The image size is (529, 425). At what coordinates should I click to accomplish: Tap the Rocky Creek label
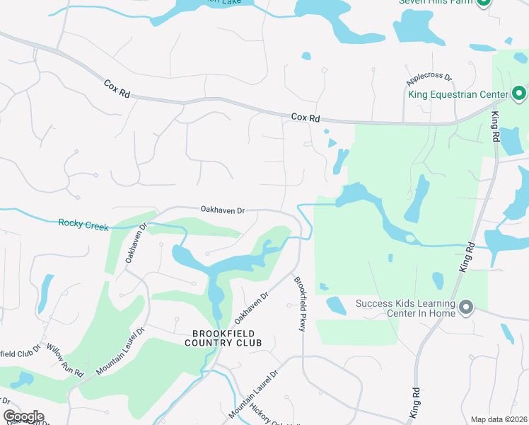click(x=83, y=225)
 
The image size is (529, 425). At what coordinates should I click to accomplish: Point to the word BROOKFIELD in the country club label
click(x=223, y=334)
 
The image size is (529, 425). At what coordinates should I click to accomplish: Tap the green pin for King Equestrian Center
click(x=518, y=93)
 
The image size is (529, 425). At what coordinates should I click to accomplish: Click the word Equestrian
click(x=460, y=93)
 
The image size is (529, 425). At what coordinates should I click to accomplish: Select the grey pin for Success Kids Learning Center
click(x=465, y=307)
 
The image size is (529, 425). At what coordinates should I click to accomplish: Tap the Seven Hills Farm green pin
click(x=484, y=2)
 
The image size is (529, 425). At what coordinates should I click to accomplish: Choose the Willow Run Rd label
click(x=64, y=359)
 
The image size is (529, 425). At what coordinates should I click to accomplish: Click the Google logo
click(x=23, y=416)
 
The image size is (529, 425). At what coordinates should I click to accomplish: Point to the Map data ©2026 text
click(x=498, y=419)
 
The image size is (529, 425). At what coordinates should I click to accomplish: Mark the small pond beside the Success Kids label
click(x=336, y=306)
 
